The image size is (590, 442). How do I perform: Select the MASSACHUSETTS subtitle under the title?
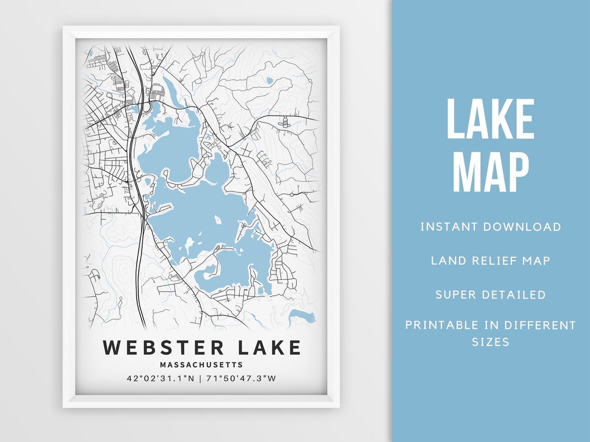202,365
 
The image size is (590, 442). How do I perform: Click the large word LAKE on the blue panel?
490,120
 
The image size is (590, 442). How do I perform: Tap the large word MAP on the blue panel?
490,173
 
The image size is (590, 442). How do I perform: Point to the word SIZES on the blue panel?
490,342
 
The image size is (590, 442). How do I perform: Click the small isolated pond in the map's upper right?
269,81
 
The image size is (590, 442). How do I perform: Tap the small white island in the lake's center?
218,220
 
